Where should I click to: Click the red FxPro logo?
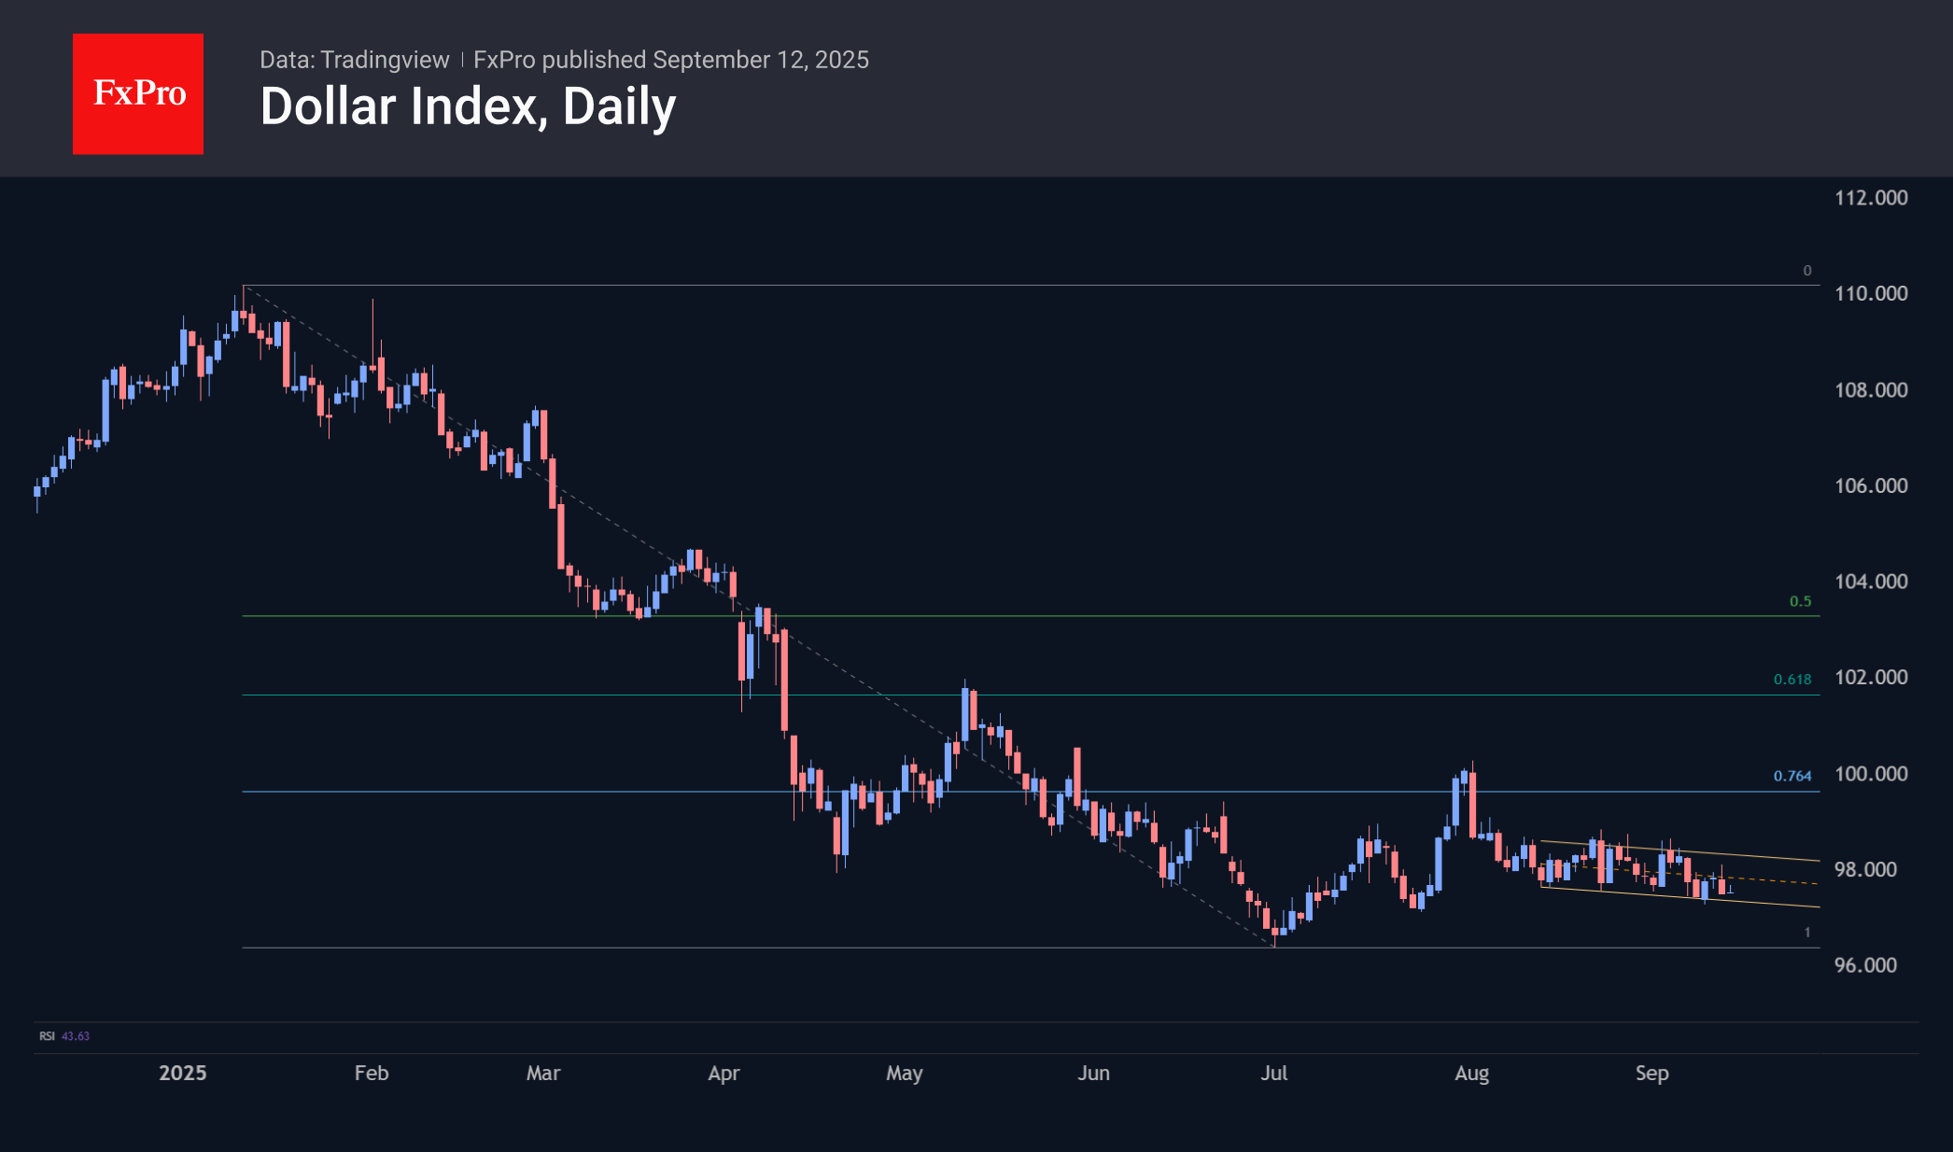[x=138, y=94]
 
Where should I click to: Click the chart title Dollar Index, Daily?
[x=468, y=106]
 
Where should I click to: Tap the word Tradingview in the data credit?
[x=385, y=60]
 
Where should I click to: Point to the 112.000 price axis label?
[x=1870, y=198]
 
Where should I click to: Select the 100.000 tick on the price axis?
[x=1870, y=774]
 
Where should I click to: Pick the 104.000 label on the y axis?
[x=1870, y=582]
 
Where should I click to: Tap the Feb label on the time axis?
[x=372, y=1073]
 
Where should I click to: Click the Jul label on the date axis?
[x=1273, y=1073]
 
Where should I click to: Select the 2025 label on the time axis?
[x=182, y=1073]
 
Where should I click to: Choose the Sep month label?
[x=1651, y=1073]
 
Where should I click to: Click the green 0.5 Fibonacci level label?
[x=1800, y=601]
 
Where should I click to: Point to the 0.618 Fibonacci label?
[x=1791, y=680]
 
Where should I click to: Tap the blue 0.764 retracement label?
[x=1791, y=776]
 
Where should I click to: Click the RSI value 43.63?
[x=76, y=1036]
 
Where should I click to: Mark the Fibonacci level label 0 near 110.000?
[x=1806, y=271]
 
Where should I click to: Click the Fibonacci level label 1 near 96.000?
[x=1806, y=933]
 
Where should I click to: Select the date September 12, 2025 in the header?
[x=761, y=60]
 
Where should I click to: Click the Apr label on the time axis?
[x=724, y=1073]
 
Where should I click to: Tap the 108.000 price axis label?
[x=1870, y=390]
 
